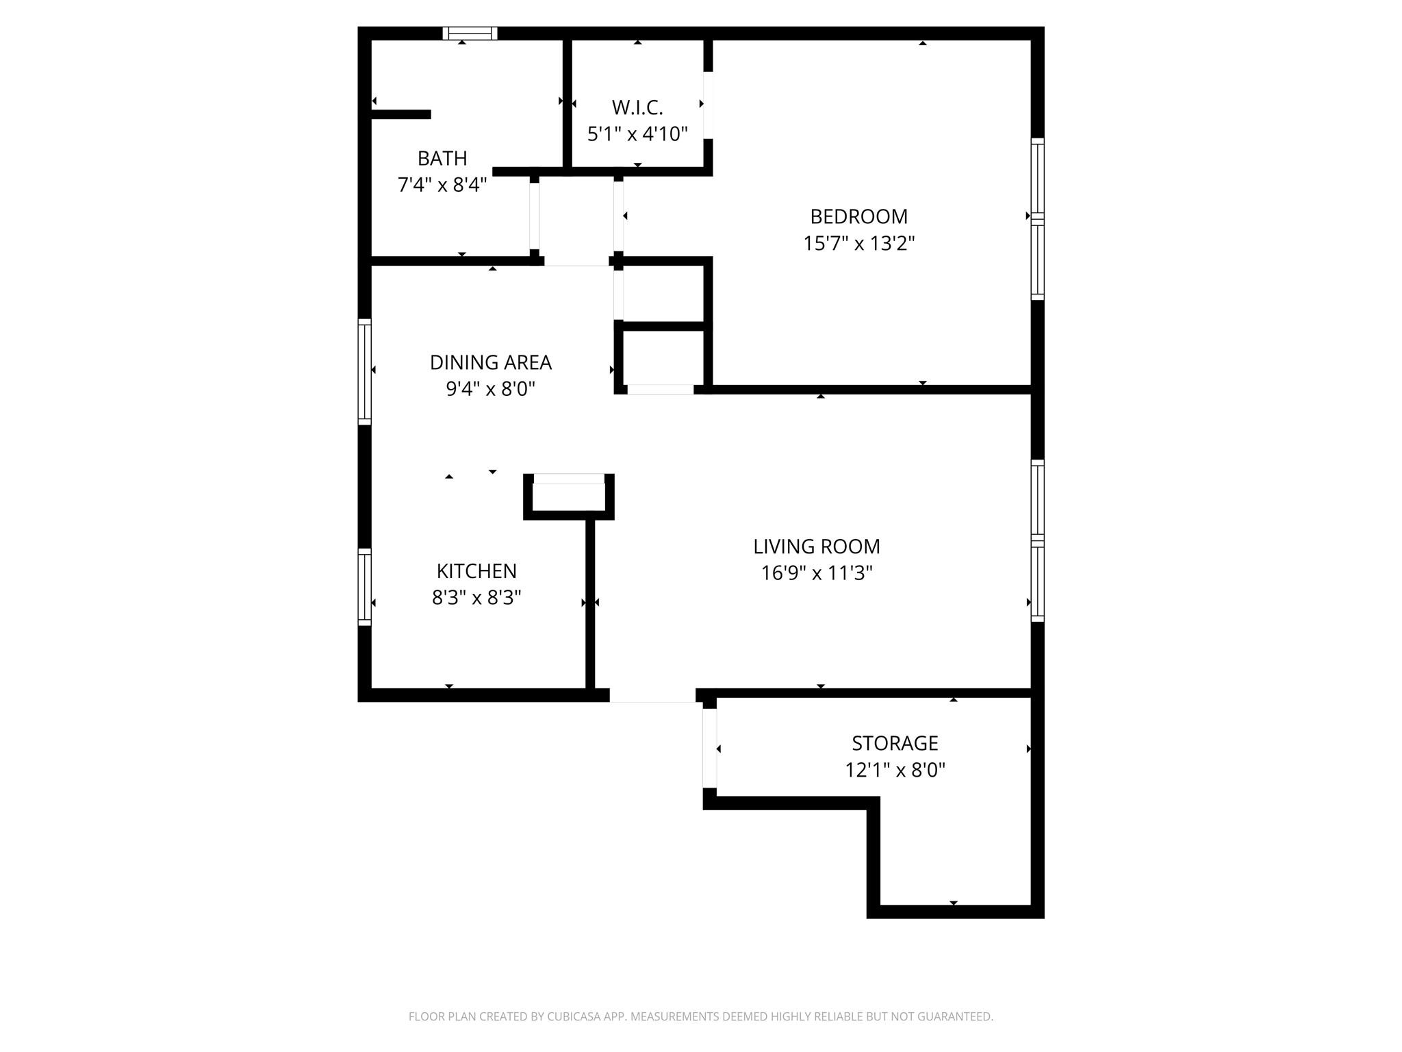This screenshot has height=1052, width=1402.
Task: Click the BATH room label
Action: (442, 158)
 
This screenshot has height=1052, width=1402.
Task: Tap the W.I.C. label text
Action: (637, 108)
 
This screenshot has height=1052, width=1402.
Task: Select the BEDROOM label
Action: (858, 216)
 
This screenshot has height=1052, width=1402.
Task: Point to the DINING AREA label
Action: (490, 362)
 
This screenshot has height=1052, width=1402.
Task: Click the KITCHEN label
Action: (476, 571)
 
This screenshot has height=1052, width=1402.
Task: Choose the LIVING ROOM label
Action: (817, 547)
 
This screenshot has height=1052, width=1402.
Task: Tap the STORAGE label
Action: (895, 743)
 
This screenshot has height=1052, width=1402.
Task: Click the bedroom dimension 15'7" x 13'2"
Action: (858, 243)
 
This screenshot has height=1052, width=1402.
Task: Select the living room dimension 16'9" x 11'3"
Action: (817, 573)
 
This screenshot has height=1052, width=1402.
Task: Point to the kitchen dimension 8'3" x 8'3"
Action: (476, 598)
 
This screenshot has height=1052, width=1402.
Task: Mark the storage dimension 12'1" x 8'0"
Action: (895, 770)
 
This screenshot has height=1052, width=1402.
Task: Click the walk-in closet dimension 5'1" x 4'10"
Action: (637, 134)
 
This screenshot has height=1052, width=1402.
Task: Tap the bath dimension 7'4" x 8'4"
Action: (442, 185)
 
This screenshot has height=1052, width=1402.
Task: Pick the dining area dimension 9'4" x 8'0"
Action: (490, 389)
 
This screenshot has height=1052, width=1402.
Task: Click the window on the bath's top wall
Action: (470, 33)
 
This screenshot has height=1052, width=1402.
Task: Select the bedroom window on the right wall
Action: (1038, 219)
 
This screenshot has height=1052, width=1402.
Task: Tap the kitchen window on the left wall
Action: (365, 588)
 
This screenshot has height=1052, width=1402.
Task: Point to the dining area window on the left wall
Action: (365, 372)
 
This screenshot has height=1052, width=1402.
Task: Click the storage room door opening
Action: (710, 748)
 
